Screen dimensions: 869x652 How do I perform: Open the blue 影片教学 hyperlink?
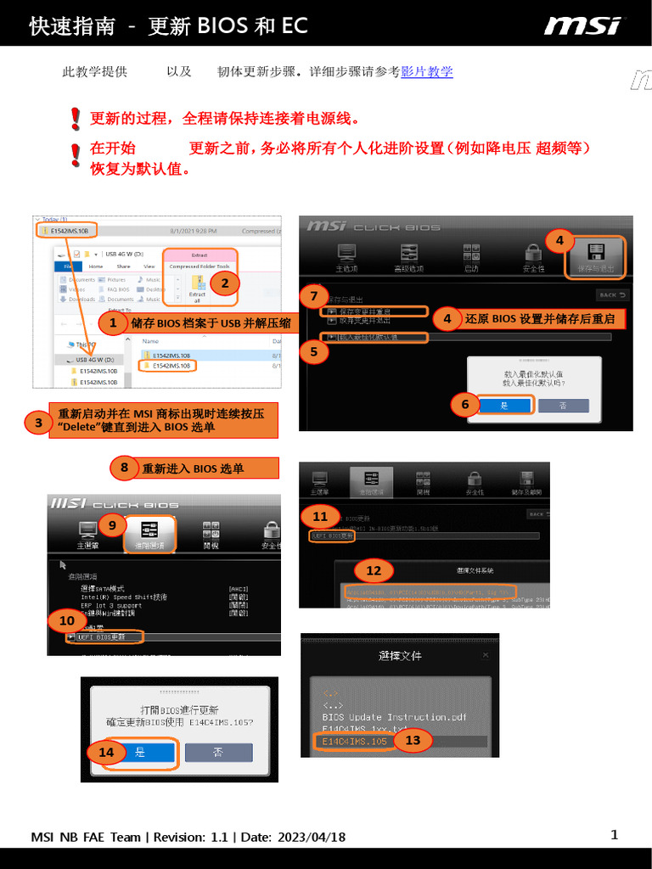pyautogui.click(x=426, y=72)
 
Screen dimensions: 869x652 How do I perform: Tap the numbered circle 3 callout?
pyautogui.click(x=38, y=422)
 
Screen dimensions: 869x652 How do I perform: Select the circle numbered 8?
pyautogui.click(x=124, y=467)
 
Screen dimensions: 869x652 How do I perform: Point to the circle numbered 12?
pyautogui.click(x=373, y=569)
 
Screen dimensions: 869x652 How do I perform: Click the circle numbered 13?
pyautogui.click(x=413, y=740)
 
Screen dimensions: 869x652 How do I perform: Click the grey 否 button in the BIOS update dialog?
pyautogui.click(x=218, y=752)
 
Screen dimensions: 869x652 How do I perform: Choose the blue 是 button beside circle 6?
pyautogui.click(x=503, y=406)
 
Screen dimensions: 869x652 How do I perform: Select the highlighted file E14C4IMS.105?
pyautogui.click(x=354, y=741)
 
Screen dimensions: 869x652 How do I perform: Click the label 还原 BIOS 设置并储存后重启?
pyautogui.click(x=539, y=319)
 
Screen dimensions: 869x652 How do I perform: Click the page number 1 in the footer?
pyautogui.click(x=614, y=835)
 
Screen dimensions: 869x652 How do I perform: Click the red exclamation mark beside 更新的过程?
pyautogui.click(x=76, y=118)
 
